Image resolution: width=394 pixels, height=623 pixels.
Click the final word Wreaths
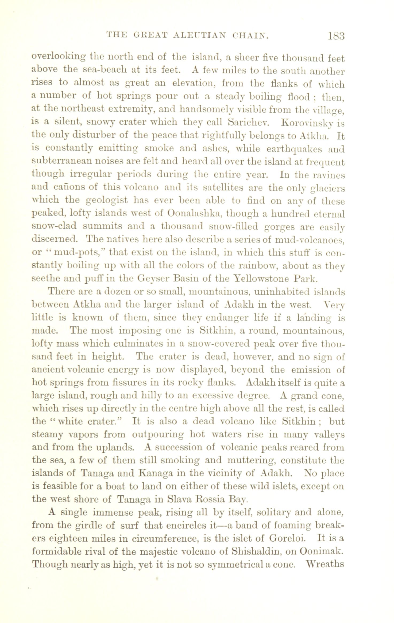tap(325, 563)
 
